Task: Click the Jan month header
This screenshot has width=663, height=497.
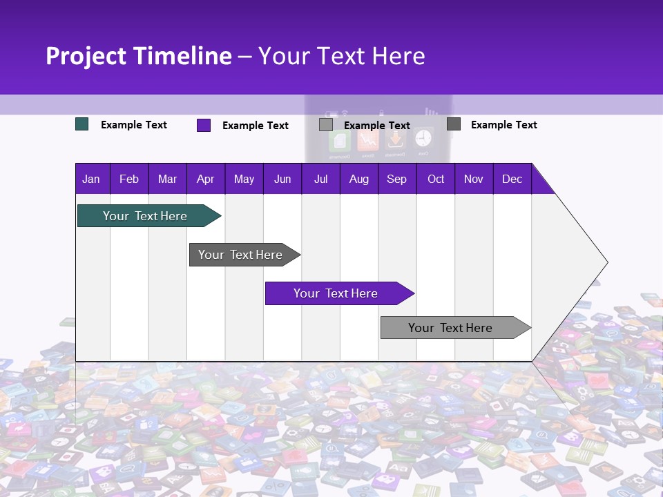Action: (x=91, y=179)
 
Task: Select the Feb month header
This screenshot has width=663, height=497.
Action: (x=129, y=179)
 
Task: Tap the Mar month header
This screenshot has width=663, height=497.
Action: (x=167, y=179)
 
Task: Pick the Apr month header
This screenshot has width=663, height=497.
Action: (x=206, y=179)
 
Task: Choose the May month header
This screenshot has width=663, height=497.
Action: (x=244, y=179)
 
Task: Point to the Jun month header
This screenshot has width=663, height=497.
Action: (x=282, y=179)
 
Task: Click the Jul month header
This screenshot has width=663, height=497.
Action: (x=320, y=179)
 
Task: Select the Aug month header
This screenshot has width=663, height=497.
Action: (x=359, y=179)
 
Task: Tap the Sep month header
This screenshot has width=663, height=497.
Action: (x=397, y=179)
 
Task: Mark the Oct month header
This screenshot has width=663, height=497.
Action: (x=436, y=179)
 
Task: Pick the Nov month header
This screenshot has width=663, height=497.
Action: (x=474, y=179)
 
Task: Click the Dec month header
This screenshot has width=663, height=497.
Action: (x=512, y=179)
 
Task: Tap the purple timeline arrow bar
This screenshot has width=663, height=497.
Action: (x=336, y=293)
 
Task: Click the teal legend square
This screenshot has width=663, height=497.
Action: (x=82, y=124)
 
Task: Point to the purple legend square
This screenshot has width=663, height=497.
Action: (x=204, y=125)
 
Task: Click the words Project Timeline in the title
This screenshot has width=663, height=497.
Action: (x=139, y=56)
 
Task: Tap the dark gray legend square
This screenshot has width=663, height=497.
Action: (x=454, y=124)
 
